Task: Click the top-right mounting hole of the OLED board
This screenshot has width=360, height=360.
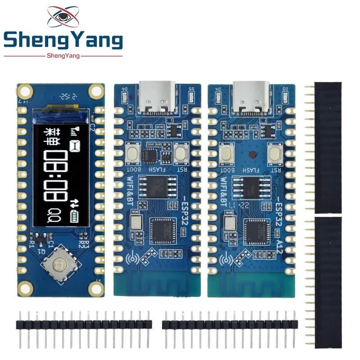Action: [96, 92]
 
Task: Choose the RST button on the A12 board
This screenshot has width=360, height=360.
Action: [274, 153]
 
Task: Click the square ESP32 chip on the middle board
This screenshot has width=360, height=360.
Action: [162, 230]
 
